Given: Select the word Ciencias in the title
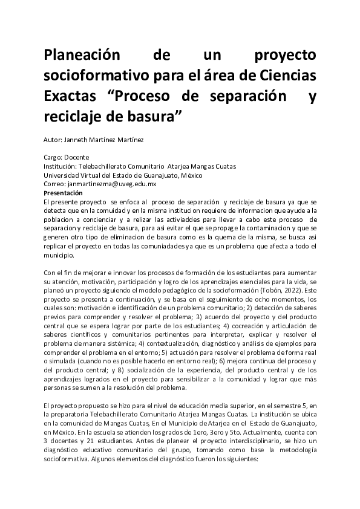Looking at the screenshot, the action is point(284,76).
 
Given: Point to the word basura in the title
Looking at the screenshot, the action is point(149,115).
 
